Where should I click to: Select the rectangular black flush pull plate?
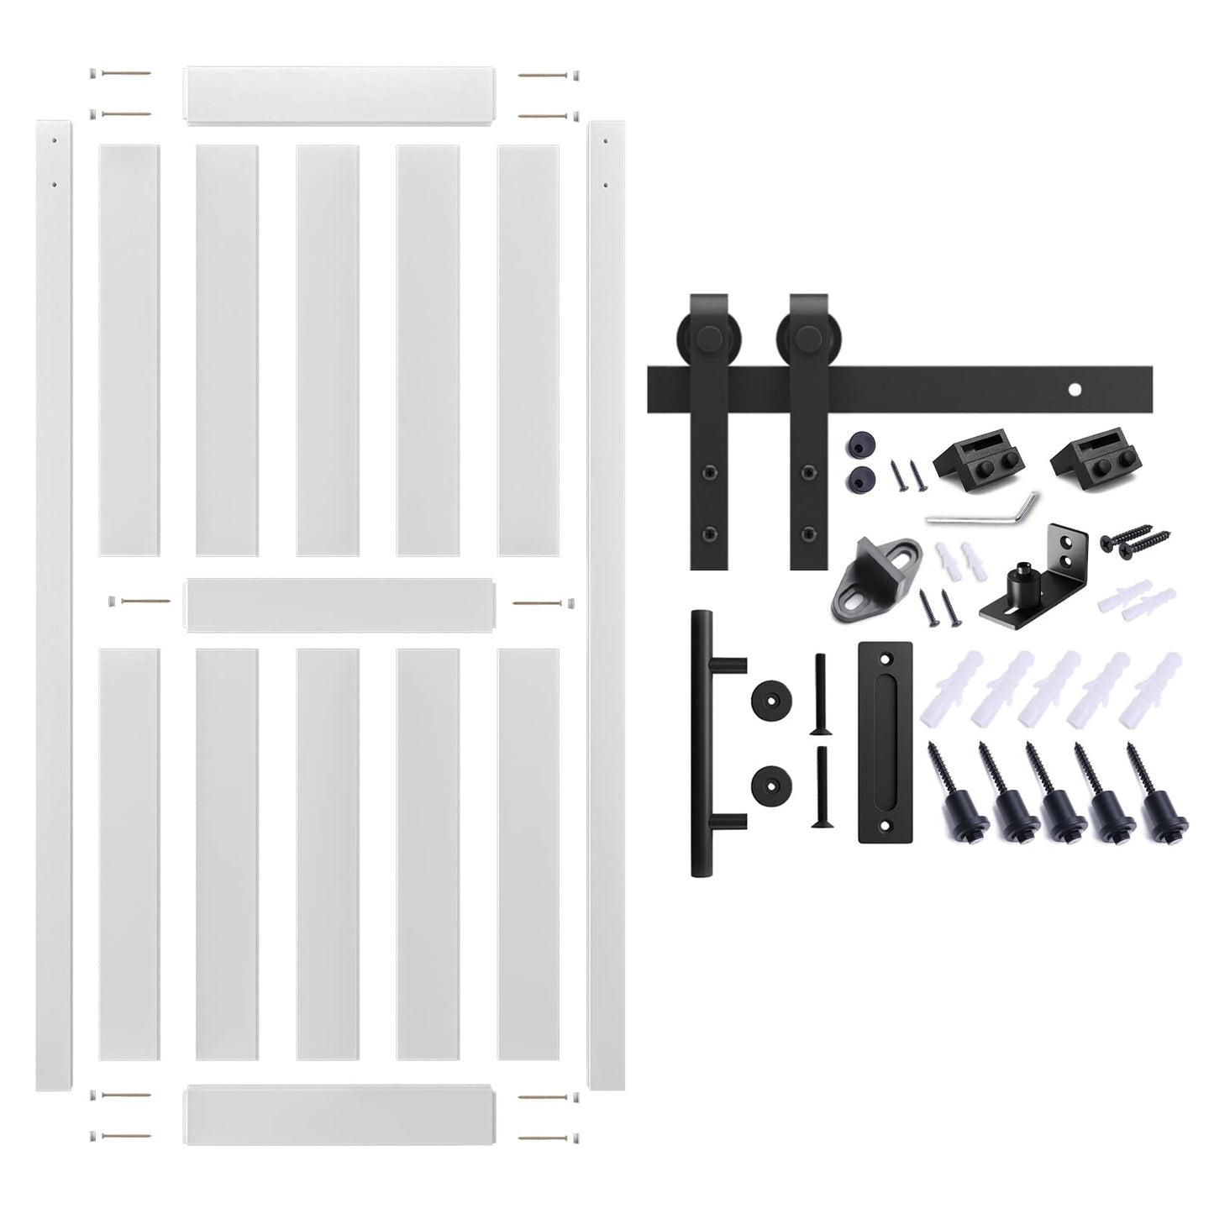(x=885, y=742)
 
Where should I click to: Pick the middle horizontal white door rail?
(x=339, y=604)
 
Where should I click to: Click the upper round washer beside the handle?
(x=770, y=697)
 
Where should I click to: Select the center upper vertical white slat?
(x=328, y=349)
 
